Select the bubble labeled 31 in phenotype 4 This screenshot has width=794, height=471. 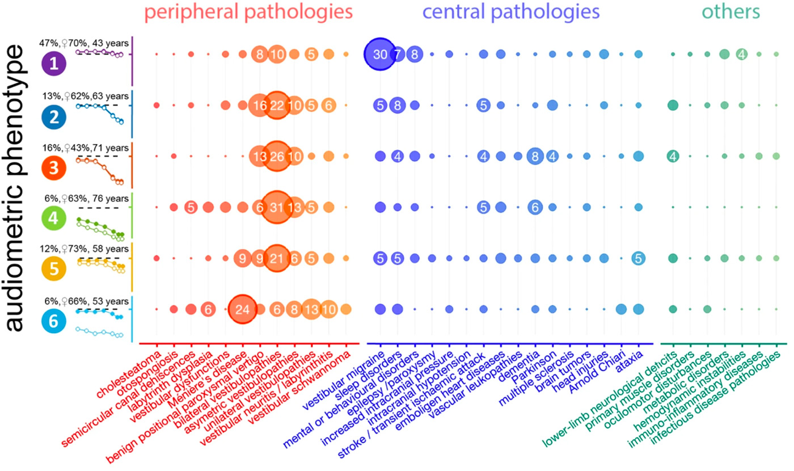point(277,207)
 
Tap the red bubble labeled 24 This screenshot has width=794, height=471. point(242,309)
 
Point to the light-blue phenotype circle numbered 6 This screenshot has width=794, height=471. point(53,321)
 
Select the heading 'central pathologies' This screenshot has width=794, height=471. point(491,12)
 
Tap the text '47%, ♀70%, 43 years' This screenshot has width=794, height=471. point(84,43)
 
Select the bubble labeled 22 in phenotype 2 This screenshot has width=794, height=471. point(277,106)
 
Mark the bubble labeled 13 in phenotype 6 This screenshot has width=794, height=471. point(311,309)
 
